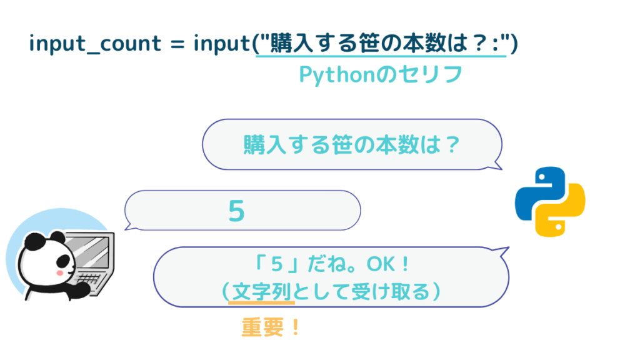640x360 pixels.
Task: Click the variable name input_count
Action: tap(96, 44)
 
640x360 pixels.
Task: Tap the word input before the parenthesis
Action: tap(221, 44)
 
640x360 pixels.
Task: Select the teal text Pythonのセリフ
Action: tap(381, 75)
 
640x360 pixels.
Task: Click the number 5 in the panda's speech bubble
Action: tap(237, 211)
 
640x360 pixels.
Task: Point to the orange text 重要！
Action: tap(271, 327)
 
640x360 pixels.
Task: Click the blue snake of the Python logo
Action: tap(538, 192)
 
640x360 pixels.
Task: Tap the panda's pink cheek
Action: tap(60, 272)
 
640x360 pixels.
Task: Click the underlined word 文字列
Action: tap(262, 292)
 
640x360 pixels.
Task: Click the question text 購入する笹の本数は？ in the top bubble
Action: tap(352, 145)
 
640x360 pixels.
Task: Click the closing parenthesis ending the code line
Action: tap(514, 43)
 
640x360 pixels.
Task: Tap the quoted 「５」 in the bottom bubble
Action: tap(277, 264)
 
